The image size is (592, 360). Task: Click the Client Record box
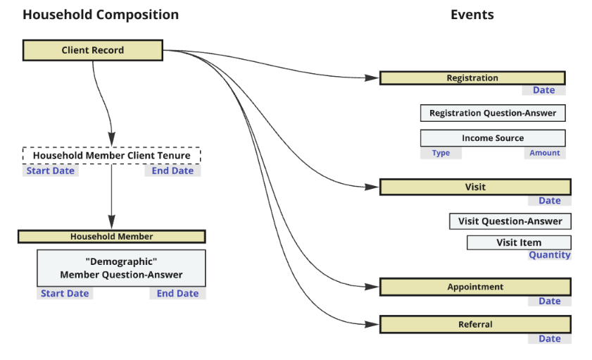tap(93, 50)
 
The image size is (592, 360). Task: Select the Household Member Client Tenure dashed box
tap(111, 155)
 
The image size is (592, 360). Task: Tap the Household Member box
tap(111, 237)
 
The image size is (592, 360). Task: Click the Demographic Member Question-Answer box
tap(121, 268)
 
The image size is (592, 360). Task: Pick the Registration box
tap(472, 78)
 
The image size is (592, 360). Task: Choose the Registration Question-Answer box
tap(492, 113)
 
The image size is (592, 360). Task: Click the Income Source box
tap(492, 138)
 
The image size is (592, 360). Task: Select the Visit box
tap(475, 187)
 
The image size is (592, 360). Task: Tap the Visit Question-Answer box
tap(510, 221)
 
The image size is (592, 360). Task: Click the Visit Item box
tap(518, 242)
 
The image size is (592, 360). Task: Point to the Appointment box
tap(475, 287)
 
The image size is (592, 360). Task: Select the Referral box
tap(475, 324)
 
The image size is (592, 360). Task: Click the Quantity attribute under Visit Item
tap(549, 255)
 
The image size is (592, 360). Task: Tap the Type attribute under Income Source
tap(441, 153)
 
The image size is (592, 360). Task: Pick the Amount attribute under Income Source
tap(544, 153)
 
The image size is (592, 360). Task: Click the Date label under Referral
tap(549, 339)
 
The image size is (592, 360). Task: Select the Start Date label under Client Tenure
tap(51, 170)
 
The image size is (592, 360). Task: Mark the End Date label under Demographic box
tap(177, 294)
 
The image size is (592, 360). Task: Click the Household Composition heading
tap(101, 15)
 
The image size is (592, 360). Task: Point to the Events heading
tap(472, 15)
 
